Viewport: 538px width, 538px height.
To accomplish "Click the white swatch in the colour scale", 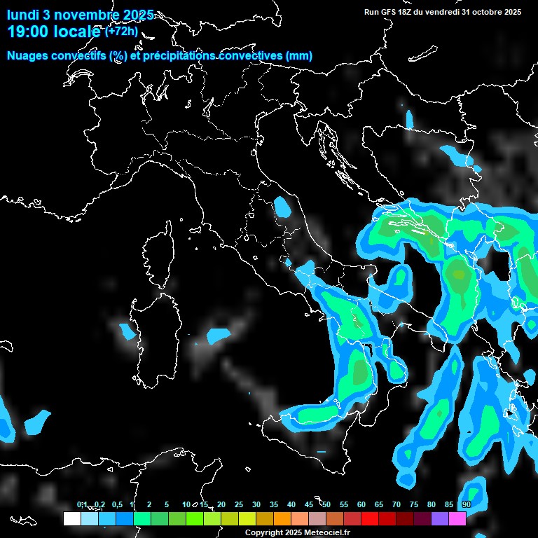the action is pyautogui.click(x=71, y=518).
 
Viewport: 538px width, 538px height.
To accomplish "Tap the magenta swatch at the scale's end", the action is pyautogui.click(x=457, y=518).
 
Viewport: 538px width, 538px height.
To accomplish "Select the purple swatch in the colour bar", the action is pyautogui.click(x=440, y=518).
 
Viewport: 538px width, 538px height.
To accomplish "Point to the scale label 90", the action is pyautogui.click(x=467, y=504).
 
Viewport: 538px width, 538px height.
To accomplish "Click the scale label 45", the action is pyautogui.click(x=309, y=504).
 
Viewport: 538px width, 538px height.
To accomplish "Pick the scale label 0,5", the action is pyautogui.click(x=116, y=504).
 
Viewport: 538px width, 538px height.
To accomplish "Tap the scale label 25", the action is pyautogui.click(x=239, y=504).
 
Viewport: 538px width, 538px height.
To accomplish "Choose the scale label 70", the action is pyautogui.click(x=396, y=504).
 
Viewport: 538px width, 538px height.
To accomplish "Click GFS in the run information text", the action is pyautogui.click(x=387, y=12).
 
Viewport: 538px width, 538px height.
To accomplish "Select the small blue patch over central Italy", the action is pyautogui.click(x=283, y=207).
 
